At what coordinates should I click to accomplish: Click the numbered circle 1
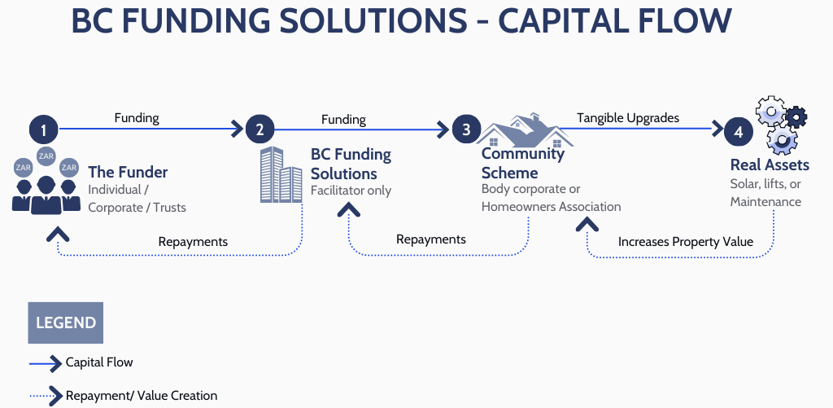click(x=44, y=129)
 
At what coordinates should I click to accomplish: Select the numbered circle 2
click(x=259, y=129)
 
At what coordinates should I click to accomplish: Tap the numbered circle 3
click(x=466, y=129)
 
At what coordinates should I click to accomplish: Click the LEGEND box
click(x=65, y=322)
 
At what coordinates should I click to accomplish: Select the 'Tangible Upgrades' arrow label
click(x=628, y=118)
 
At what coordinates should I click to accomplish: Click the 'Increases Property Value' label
click(x=686, y=241)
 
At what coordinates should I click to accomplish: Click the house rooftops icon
click(x=521, y=131)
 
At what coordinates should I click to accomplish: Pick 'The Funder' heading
click(x=128, y=172)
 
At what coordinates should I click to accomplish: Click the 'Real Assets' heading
click(x=770, y=165)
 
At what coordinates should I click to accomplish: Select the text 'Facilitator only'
click(x=351, y=191)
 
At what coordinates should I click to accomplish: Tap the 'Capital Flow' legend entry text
click(x=99, y=362)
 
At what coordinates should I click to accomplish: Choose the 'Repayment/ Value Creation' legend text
click(x=142, y=396)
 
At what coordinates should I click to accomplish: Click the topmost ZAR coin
click(x=46, y=156)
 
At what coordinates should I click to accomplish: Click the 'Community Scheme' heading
click(x=522, y=163)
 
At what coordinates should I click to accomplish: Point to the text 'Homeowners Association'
click(x=551, y=206)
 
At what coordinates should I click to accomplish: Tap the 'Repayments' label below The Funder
click(x=193, y=241)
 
